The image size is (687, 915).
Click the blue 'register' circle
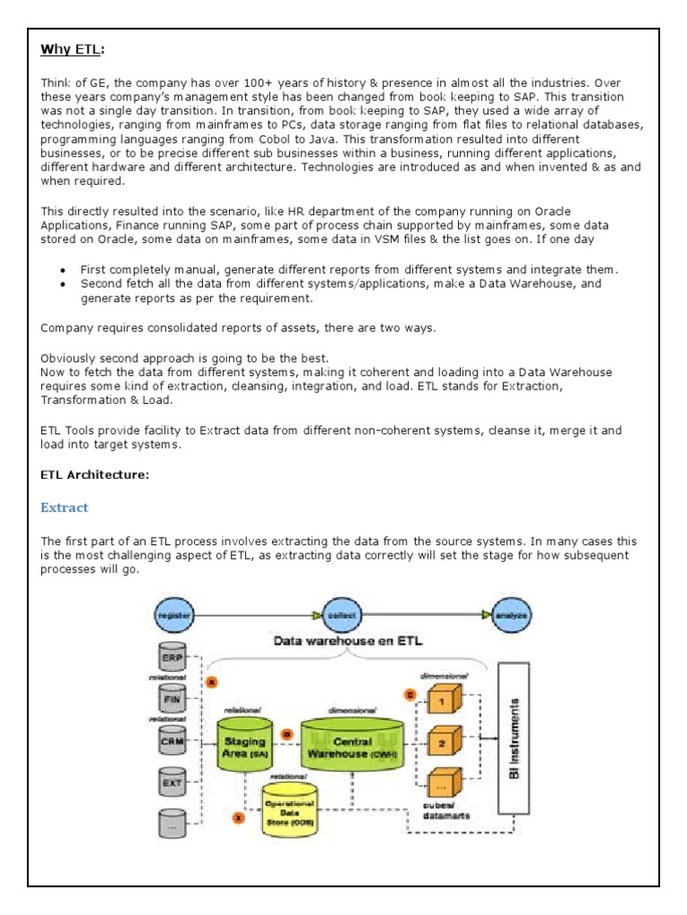tap(171, 616)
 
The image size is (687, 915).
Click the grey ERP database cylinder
tap(173, 659)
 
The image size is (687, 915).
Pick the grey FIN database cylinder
tap(173, 701)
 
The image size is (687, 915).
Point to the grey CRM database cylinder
tap(173, 741)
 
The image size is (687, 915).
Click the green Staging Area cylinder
tap(245, 747)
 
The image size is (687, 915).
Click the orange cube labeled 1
tap(442, 701)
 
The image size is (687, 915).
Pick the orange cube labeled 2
tap(442, 741)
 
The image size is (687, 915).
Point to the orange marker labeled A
tap(212, 682)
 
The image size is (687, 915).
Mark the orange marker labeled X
tap(238, 816)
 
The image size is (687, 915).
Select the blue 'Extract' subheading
tap(64, 508)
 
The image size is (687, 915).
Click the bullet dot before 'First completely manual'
tap(63, 270)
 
